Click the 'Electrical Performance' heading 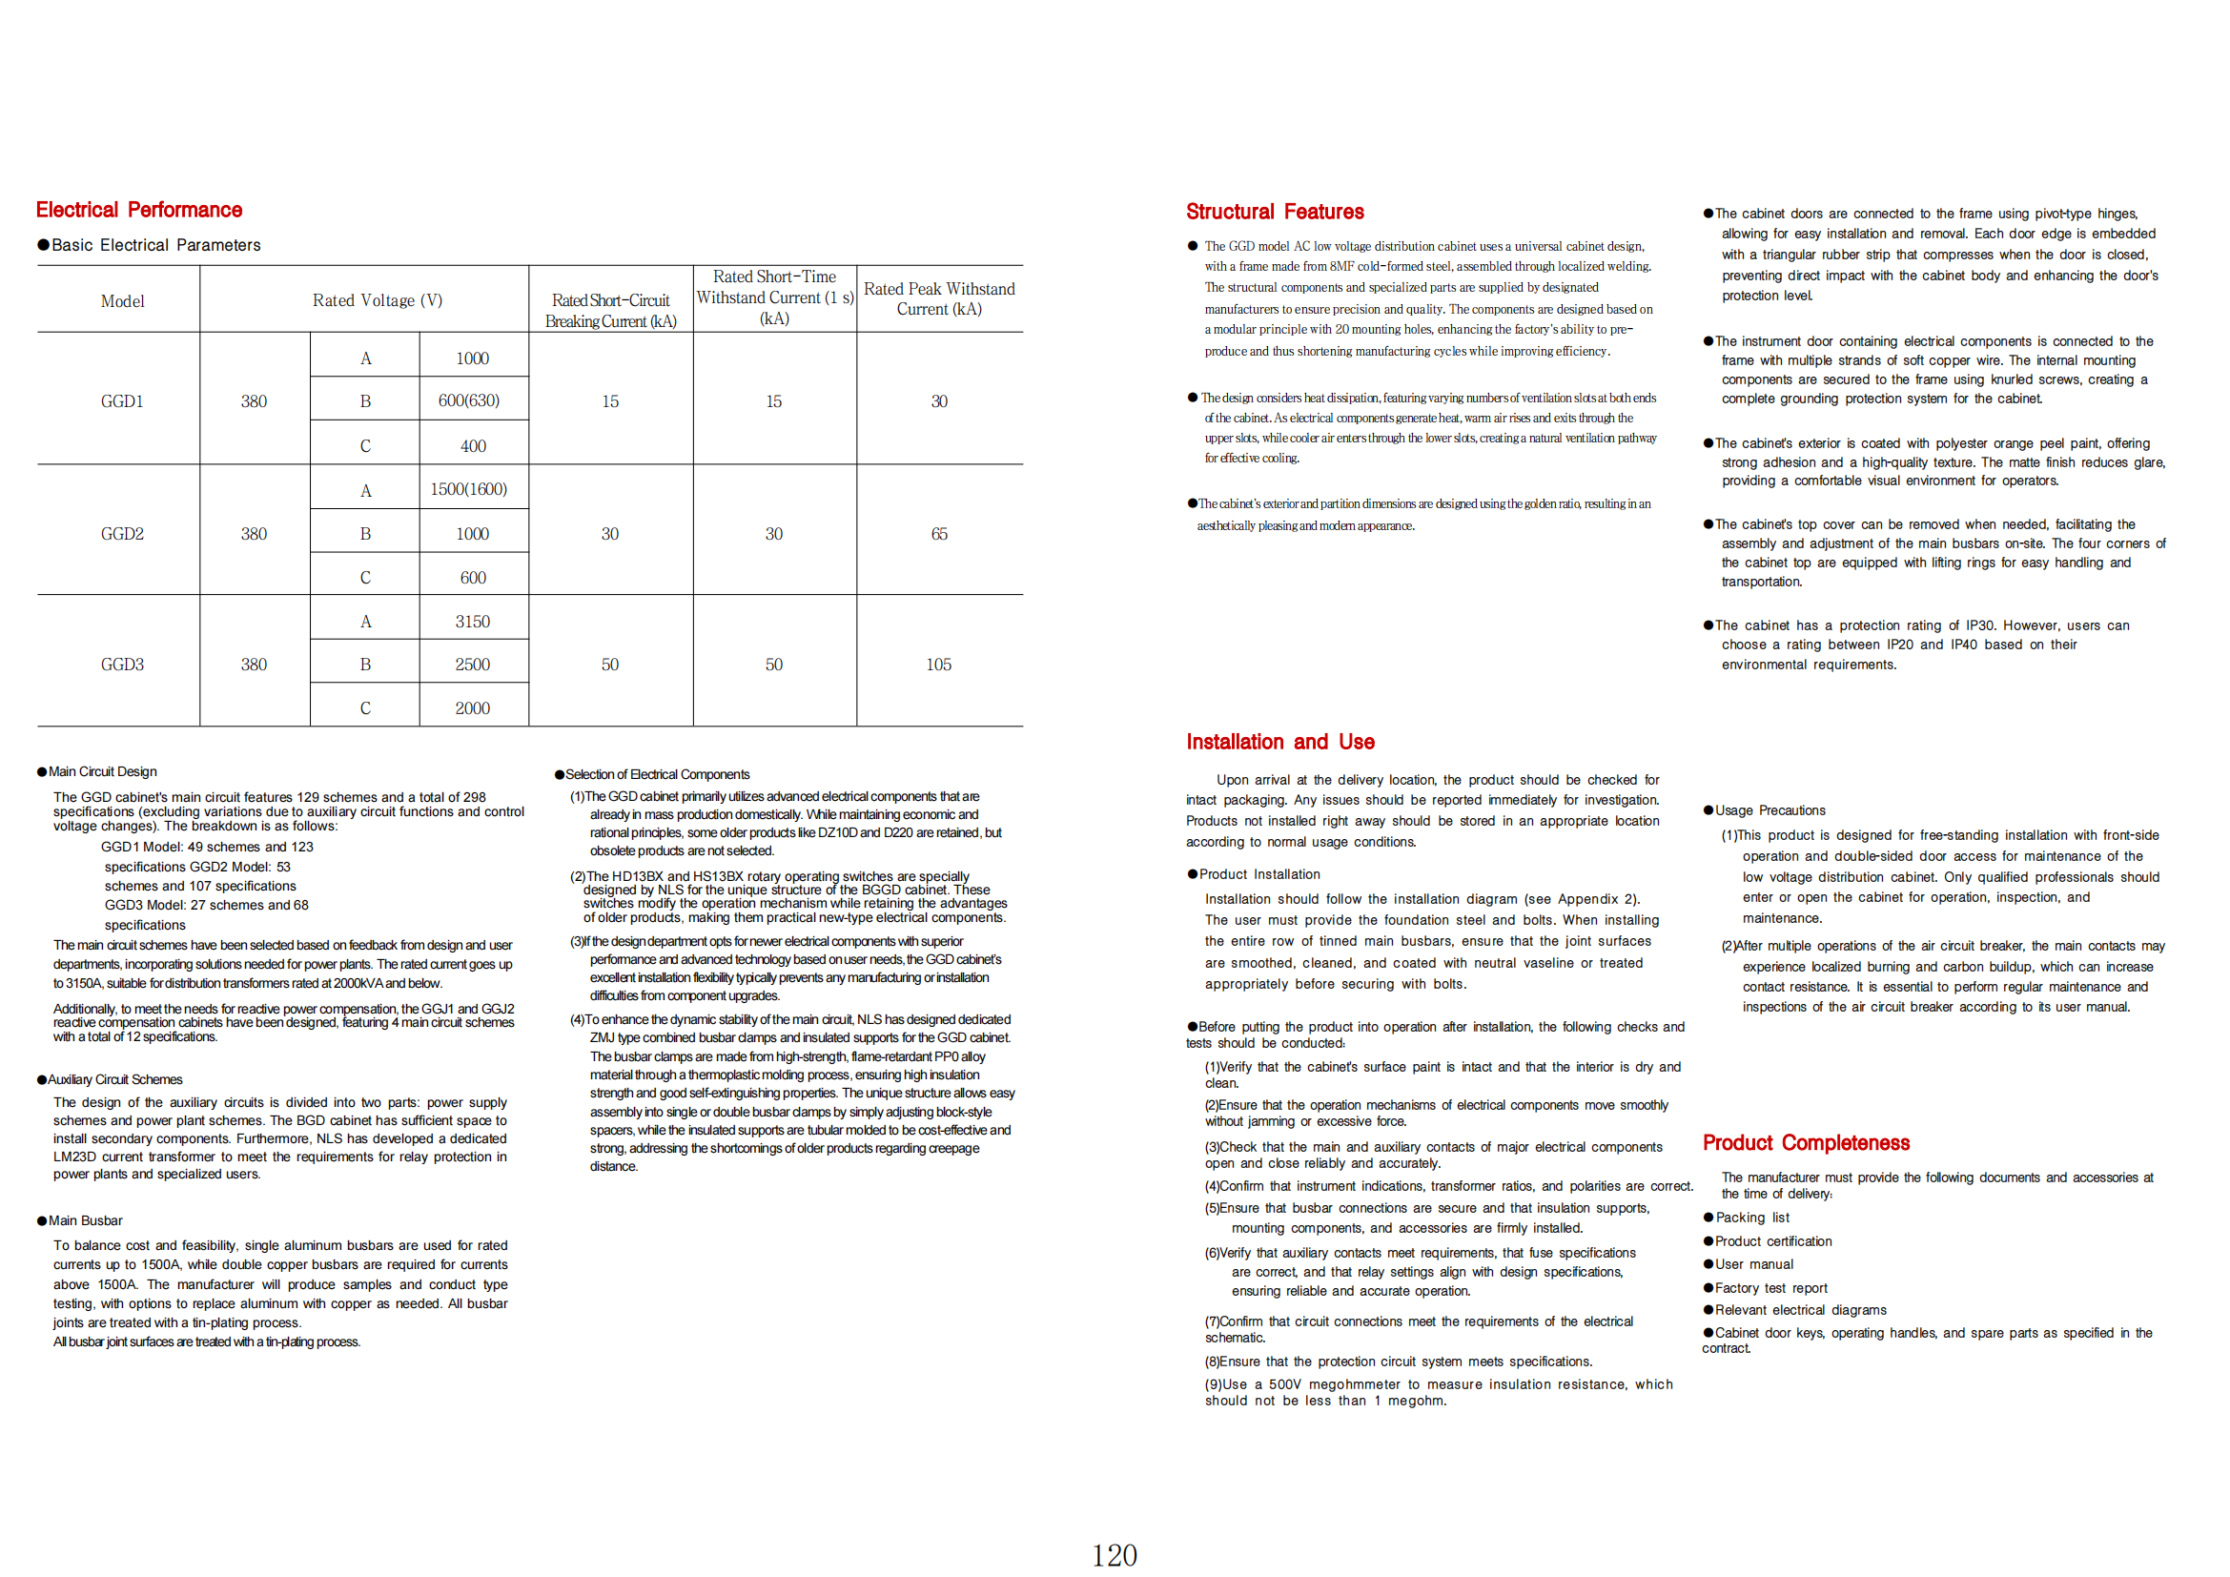coord(139,210)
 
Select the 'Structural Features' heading coord(1275,212)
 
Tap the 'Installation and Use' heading coord(1279,742)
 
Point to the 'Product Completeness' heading coord(1806,1143)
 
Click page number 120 coord(1114,1555)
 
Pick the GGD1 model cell coord(122,401)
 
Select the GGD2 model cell coord(122,533)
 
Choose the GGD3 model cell coord(122,665)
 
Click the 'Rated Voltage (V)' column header coord(377,300)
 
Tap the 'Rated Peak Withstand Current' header coord(938,298)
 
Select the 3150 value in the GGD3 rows coord(473,622)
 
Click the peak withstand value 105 coord(938,665)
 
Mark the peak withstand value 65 coord(938,533)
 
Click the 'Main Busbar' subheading coord(86,1220)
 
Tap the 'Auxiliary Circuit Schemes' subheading coord(114,1080)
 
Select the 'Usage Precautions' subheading coord(1770,810)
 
